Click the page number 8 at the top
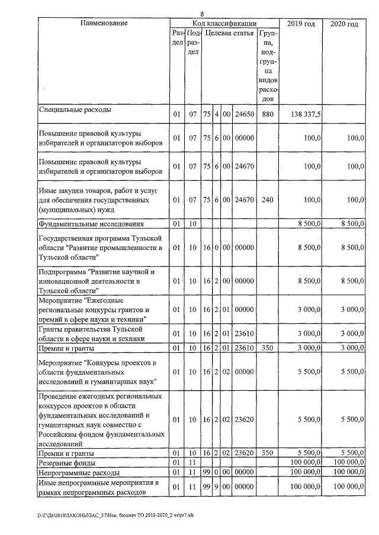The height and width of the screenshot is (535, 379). tap(202, 14)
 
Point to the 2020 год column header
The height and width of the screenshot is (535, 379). tap(344, 24)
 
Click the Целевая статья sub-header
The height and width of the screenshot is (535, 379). tap(229, 34)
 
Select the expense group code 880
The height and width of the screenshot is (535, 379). tap(267, 114)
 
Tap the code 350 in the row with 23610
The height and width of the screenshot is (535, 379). tap(267, 348)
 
